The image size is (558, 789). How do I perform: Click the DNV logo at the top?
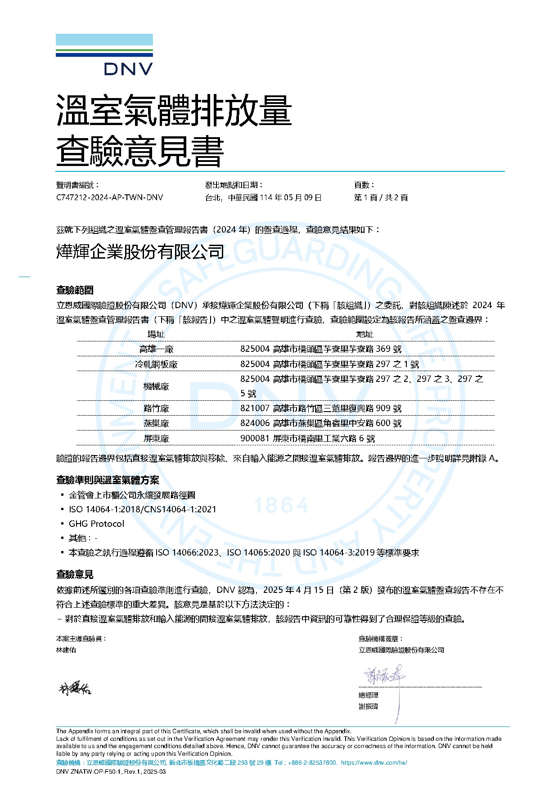pyautogui.click(x=104, y=54)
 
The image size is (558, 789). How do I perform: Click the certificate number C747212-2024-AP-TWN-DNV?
pyautogui.click(x=109, y=197)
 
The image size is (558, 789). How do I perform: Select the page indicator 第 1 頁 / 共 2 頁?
pyautogui.click(x=381, y=197)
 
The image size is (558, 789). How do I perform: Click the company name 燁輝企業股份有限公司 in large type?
pyautogui.click(x=140, y=252)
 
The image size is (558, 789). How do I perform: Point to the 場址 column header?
pyautogui.click(x=156, y=334)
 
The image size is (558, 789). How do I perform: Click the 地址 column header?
pyautogui.click(x=364, y=334)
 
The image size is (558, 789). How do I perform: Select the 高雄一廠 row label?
pyautogui.click(x=156, y=349)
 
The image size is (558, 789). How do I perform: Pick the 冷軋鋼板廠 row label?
pyautogui.click(x=156, y=364)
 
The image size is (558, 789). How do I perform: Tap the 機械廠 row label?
pyautogui.click(x=156, y=386)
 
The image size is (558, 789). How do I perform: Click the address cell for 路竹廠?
pyautogui.click(x=321, y=408)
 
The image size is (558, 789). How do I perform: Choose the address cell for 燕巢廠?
pyautogui.click(x=321, y=423)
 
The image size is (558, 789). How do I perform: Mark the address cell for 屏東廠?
pyautogui.click(x=307, y=439)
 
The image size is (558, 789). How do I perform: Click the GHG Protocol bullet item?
pyautogui.click(x=96, y=524)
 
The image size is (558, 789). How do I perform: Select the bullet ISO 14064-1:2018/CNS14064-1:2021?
pyautogui.click(x=142, y=509)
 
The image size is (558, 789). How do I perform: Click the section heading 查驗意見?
pyautogui.click(x=75, y=574)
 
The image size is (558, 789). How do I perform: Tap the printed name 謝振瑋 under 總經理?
pyautogui.click(x=368, y=707)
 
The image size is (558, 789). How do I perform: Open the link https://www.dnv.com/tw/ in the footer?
pyautogui.click(x=374, y=762)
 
